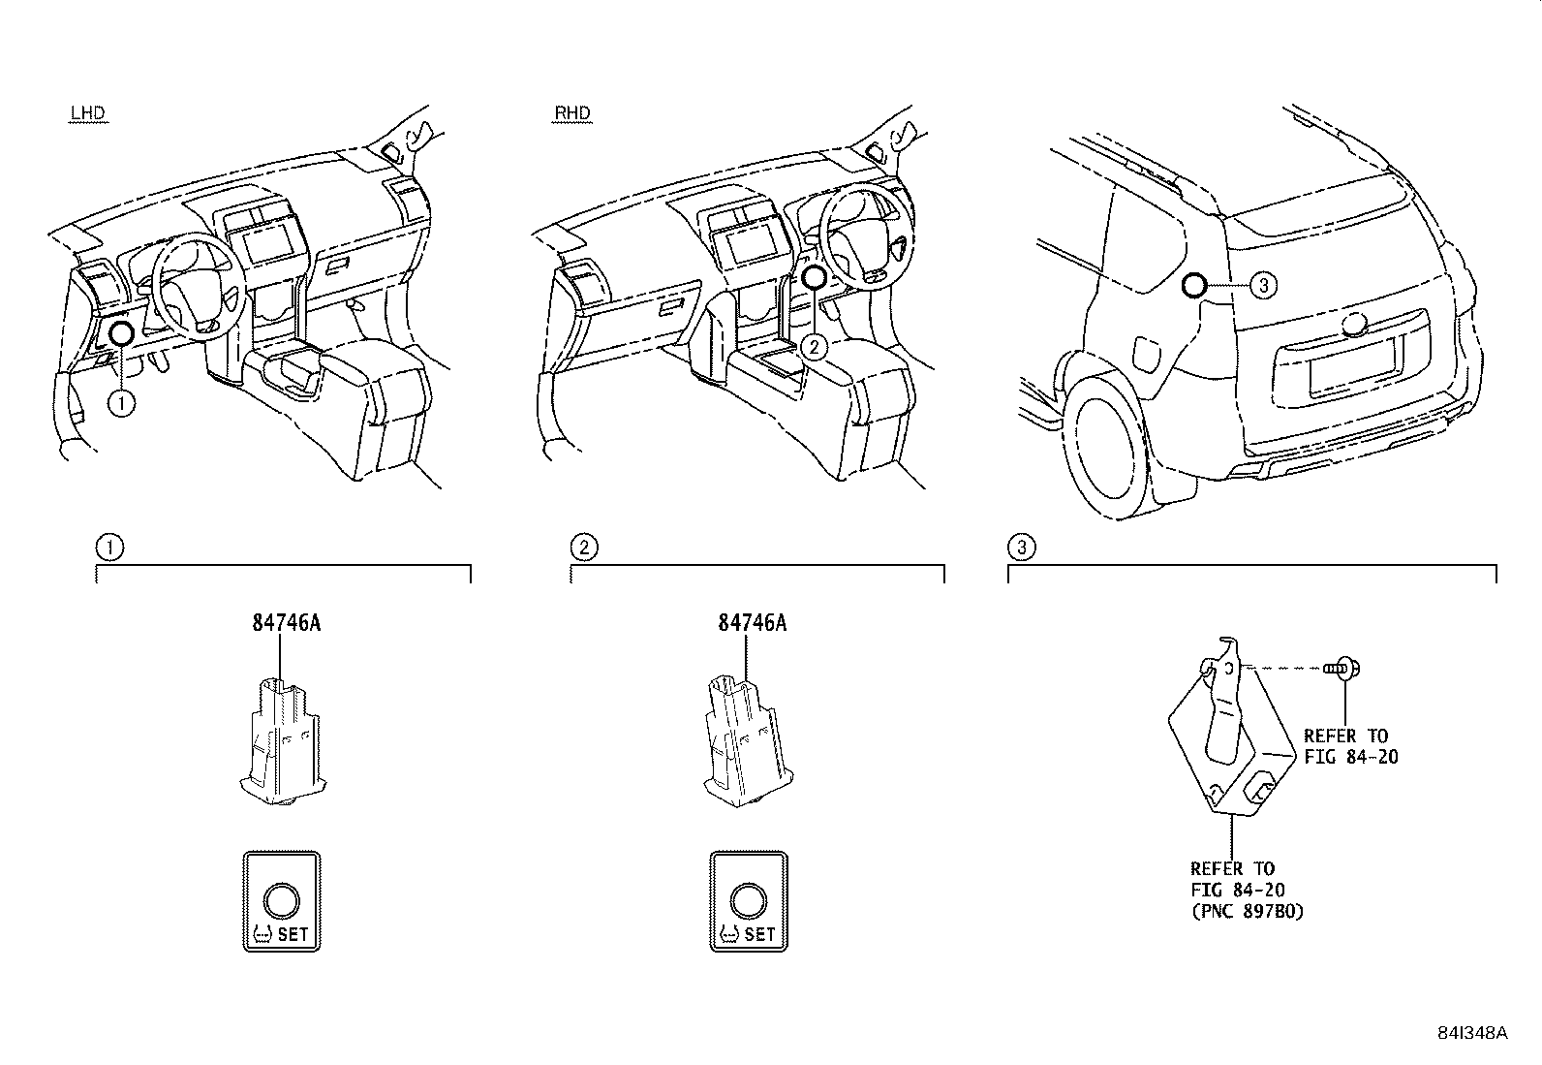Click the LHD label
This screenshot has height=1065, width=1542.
pos(87,113)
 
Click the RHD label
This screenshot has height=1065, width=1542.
pos(571,113)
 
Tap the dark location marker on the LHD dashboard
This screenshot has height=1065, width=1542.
pos(121,333)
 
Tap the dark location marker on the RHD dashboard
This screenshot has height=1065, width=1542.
pos(814,277)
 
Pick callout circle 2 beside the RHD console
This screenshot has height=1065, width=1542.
pos(816,346)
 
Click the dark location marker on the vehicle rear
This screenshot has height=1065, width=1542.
pos(1194,285)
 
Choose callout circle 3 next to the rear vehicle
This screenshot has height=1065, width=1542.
pos(1263,285)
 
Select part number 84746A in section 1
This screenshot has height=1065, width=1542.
pos(287,623)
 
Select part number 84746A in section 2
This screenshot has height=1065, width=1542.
pos(753,623)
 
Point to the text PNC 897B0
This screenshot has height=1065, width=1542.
pos(1247,911)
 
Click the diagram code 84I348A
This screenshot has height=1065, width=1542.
pos(1472,1032)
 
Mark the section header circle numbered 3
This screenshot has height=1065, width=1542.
pos(1022,548)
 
